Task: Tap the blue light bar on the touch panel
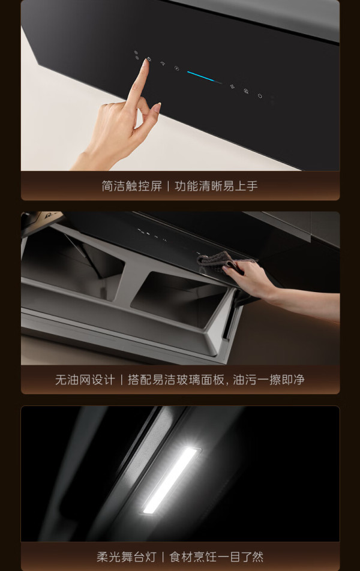point(205,77)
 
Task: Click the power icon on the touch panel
point(260,96)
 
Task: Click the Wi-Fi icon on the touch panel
point(163,63)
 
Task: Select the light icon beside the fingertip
point(149,59)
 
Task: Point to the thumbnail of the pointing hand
point(157,107)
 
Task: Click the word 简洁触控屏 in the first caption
point(131,186)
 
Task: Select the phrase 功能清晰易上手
point(216,186)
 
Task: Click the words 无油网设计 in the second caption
point(85,380)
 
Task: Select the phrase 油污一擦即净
point(269,380)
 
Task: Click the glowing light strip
point(172,480)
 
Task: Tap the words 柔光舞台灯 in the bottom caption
point(127,557)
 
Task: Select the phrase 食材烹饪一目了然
point(217,557)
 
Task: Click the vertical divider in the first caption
point(168,186)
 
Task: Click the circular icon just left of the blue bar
point(177,68)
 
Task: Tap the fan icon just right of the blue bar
point(232,86)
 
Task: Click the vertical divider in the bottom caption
point(163,557)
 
